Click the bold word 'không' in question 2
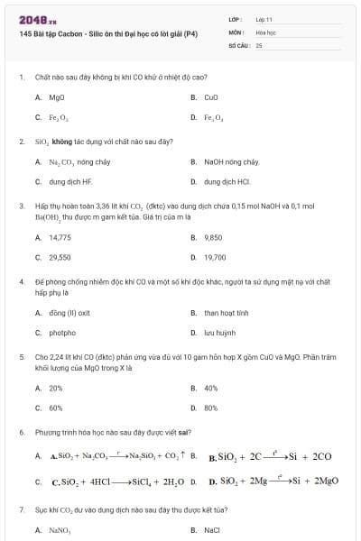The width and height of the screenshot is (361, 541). [x=61, y=142]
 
